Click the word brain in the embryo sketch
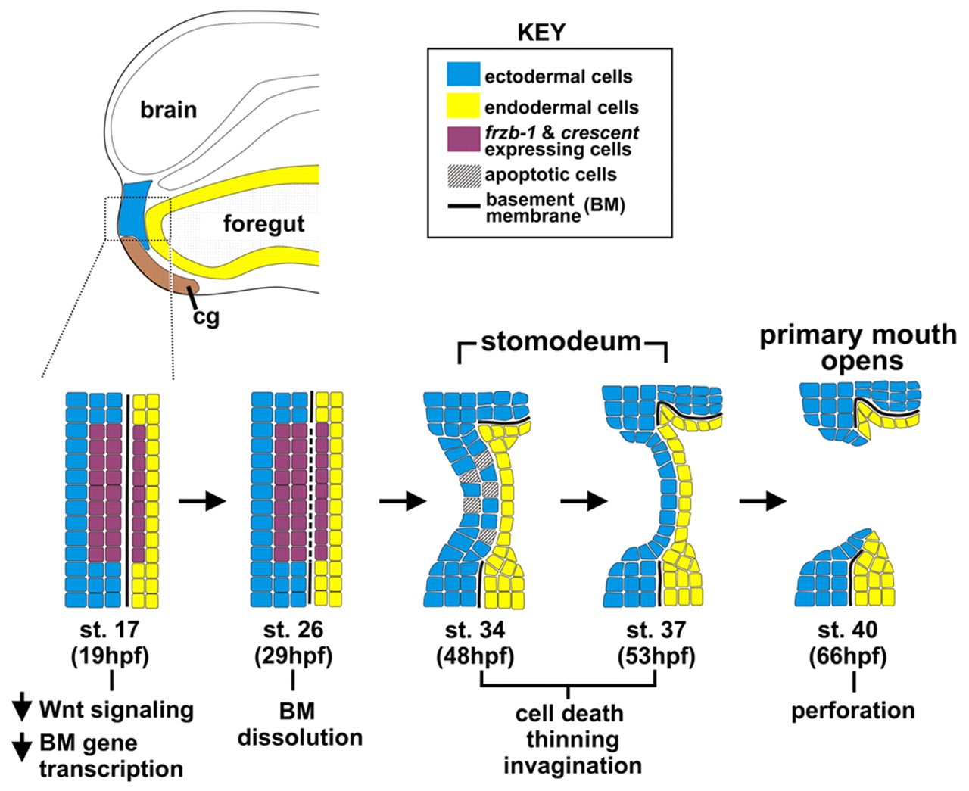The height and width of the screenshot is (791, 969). [168, 110]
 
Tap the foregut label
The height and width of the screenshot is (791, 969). [263, 225]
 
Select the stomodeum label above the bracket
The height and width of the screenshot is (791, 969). [561, 341]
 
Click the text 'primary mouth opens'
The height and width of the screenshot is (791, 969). [858, 347]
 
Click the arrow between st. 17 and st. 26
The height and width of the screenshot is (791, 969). [201, 500]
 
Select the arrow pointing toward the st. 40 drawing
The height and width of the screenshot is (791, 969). [764, 500]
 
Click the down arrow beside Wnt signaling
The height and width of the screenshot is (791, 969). [23, 709]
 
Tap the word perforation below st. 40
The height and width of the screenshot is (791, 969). [853, 711]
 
